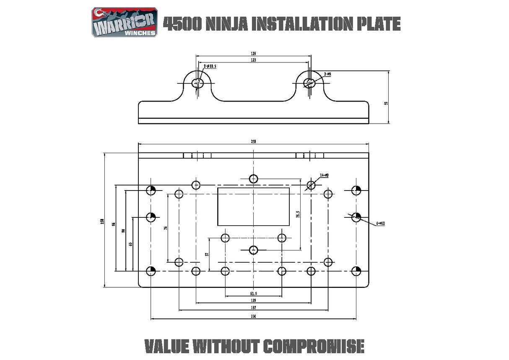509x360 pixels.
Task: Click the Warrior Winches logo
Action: coord(125,23)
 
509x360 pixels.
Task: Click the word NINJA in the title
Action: coord(229,24)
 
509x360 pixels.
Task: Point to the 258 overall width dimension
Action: coord(254,142)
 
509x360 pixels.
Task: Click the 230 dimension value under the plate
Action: coord(254,316)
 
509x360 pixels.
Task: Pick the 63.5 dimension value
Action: coord(254,294)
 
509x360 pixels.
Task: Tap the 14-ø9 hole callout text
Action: coord(324,175)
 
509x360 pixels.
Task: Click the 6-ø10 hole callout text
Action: coord(381,223)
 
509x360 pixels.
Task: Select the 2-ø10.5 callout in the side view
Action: coord(210,66)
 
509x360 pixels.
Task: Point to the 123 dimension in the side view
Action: coord(254,60)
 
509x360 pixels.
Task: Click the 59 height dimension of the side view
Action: coord(386,102)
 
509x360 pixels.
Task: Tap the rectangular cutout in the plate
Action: coord(253,206)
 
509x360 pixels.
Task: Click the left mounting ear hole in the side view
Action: coord(197,83)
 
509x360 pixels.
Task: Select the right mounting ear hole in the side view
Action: coord(310,83)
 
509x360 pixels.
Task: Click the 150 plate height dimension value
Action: coord(102,221)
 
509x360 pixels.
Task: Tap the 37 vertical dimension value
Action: coord(207,254)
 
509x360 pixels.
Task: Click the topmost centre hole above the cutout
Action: coord(253,179)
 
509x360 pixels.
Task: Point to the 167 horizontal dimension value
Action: coord(254,308)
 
